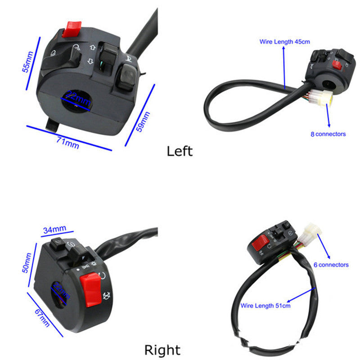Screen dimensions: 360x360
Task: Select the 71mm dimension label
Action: click(68, 143)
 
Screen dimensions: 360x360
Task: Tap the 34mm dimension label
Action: click(54, 230)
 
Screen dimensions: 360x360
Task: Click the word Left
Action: click(180, 151)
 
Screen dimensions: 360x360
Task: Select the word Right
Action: click(162, 350)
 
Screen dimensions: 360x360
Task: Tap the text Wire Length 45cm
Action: click(285, 41)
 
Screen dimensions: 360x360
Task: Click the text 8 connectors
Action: click(328, 134)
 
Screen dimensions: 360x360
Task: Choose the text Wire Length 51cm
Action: click(265, 306)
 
